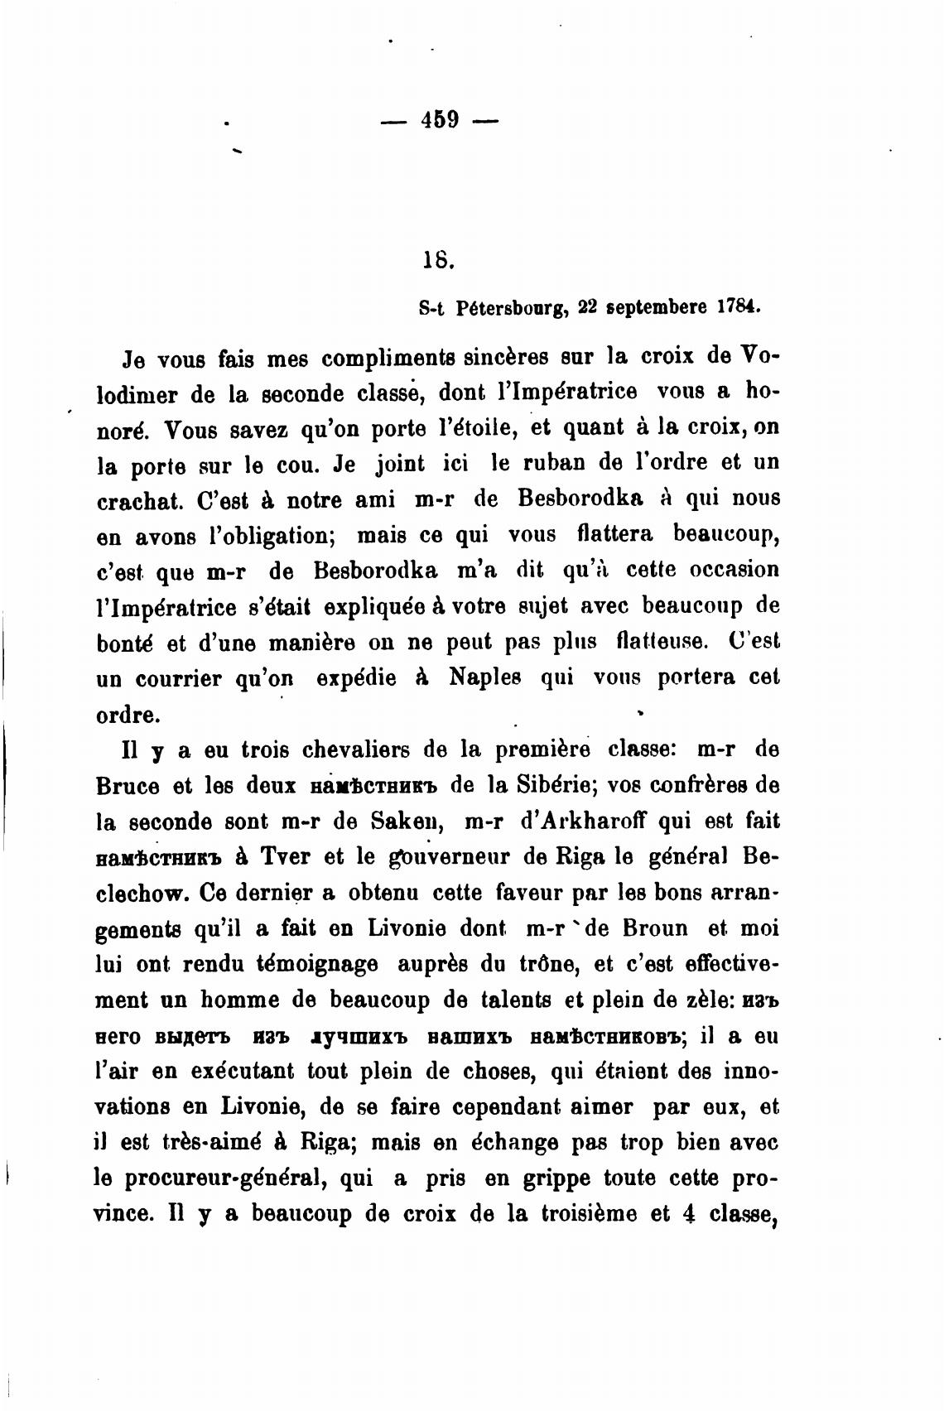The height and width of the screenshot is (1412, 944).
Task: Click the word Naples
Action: click(x=485, y=677)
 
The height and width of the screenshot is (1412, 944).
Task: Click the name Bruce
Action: click(x=129, y=785)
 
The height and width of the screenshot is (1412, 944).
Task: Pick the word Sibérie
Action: click(x=555, y=783)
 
